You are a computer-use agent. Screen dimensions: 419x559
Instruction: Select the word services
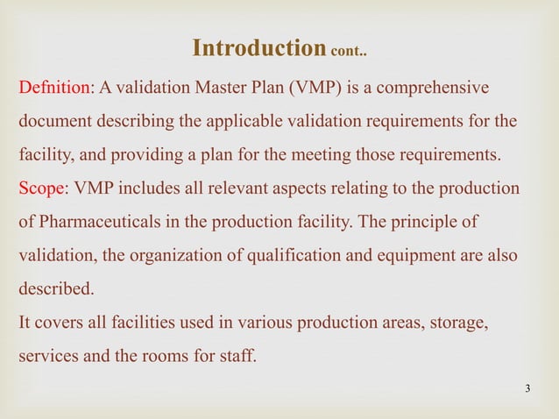pos(46,355)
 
